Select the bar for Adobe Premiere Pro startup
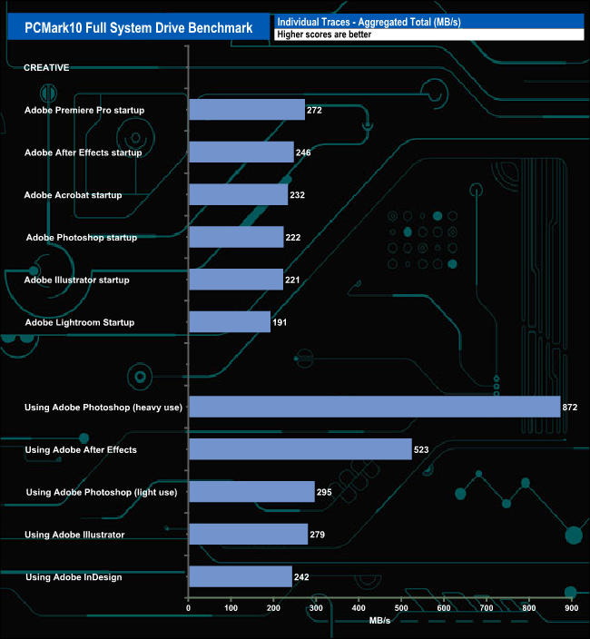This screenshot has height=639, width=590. point(247,110)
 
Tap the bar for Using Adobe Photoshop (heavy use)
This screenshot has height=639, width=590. point(374,407)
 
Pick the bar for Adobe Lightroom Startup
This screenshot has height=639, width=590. point(230,322)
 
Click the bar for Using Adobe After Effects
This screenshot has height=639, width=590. point(300,449)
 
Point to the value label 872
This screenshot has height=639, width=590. point(570,408)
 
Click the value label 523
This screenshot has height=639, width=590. point(421,449)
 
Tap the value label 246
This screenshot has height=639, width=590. point(303,152)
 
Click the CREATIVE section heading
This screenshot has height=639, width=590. point(46,67)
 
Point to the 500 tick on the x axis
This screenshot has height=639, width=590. point(401,609)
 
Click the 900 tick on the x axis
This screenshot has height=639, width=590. point(572,609)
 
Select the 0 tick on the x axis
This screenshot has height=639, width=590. point(188,609)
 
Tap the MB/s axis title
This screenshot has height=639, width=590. point(380,621)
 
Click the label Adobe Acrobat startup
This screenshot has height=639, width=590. point(73,195)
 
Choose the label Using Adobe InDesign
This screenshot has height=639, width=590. point(74,577)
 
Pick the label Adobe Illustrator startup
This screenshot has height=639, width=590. point(77,280)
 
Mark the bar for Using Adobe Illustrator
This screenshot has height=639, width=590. point(248,535)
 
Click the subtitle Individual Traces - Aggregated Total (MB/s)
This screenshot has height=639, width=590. point(369,21)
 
